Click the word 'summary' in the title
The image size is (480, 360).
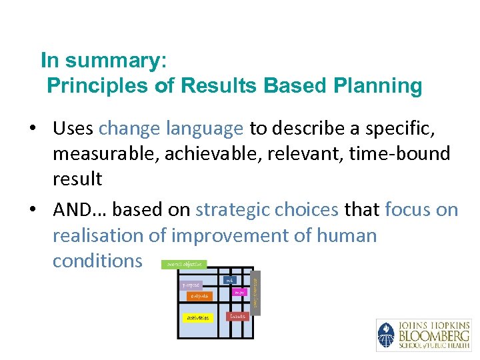pyautogui.click(x=117, y=61)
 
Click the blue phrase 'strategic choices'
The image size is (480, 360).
pyautogui.click(x=267, y=210)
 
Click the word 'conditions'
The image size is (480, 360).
pyautogui.click(x=97, y=261)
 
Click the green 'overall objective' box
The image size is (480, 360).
pyautogui.click(x=184, y=265)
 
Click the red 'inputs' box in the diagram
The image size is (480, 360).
pyautogui.click(x=237, y=316)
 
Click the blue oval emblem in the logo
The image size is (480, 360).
pyautogui.click(x=386, y=335)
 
